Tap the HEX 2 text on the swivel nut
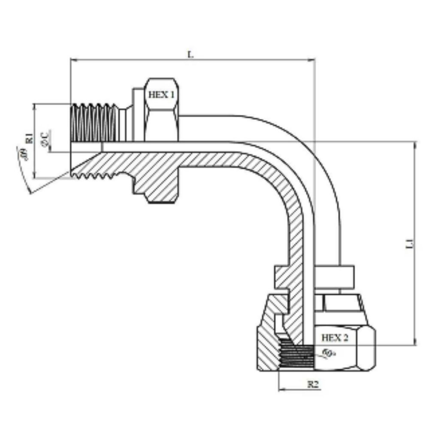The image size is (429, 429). [334, 338]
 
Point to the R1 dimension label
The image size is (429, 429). [29, 138]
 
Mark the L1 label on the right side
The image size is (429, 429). [410, 245]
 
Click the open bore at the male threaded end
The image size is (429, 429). [86, 147]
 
